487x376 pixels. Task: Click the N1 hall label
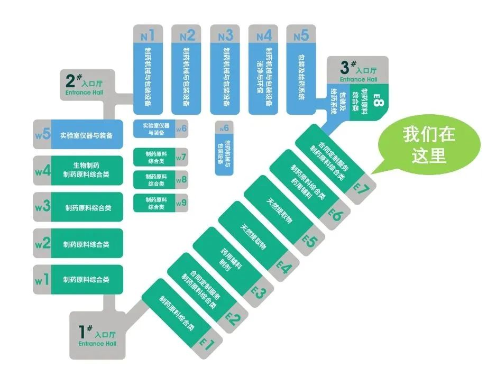pyautogui.click(x=148, y=36)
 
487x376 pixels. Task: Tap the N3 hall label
pyautogui.click(x=225, y=36)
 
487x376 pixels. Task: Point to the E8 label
pyautogui.click(x=376, y=99)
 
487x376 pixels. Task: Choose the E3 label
pyautogui.click(x=259, y=292)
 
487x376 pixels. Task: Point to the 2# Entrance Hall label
pyautogui.click(x=84, y=85)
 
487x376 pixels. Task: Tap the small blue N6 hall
pyautogui.click(x=224, y=148)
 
